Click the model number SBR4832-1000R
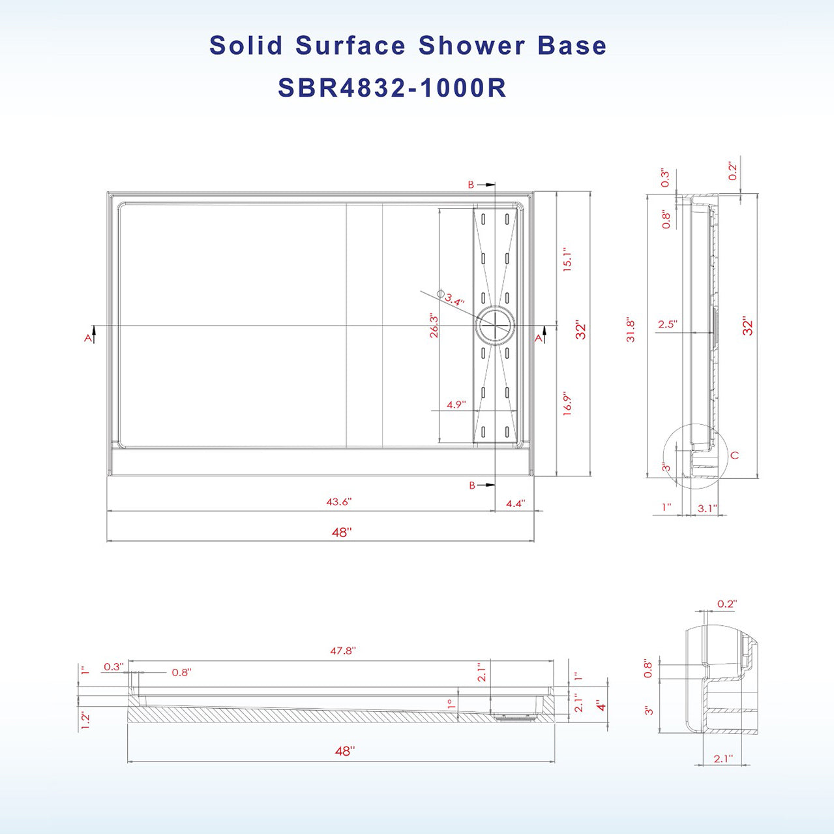coord(392,88)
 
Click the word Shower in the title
coord(471,46)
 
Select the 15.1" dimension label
coord(567,260)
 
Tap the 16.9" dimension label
coord(567,404)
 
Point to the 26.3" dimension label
coord(434,326)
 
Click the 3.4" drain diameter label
coord(454,301)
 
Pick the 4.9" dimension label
coord(456,405)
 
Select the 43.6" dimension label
coord(338,502)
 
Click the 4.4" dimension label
coord(515,503)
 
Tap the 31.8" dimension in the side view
coord(631,330)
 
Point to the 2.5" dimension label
coord(667,324)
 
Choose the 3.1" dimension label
coord(707,508)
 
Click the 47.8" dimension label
coord(342,651)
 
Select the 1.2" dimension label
coord(85,720)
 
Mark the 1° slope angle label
coord(450,705)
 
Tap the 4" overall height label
coord(601,705)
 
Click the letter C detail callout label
coord(735,455)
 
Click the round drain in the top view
coord(495,326)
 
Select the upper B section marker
coord(471,185)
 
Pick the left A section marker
coord(88,337)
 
